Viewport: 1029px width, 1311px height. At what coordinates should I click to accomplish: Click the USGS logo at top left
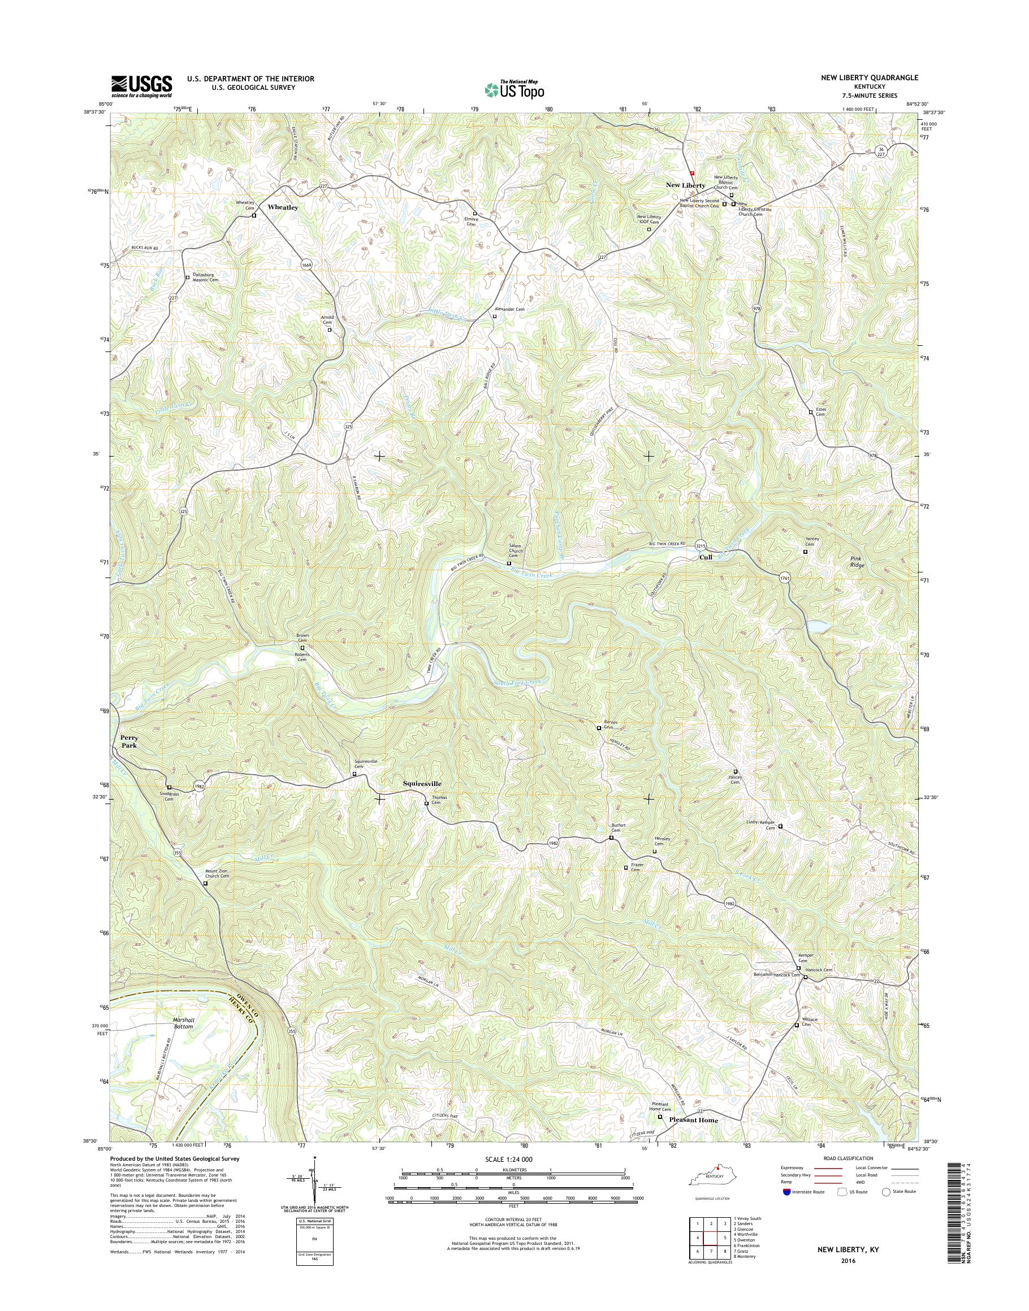(141, 86)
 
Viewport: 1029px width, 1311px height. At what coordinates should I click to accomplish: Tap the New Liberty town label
(685, 185)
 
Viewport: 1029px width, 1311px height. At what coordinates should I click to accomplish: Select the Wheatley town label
(283, 207)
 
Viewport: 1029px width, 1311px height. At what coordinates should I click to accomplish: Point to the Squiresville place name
(422, 784)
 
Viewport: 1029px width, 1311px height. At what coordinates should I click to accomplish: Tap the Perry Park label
(129, 741)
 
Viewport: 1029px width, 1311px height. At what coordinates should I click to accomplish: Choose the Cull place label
(706, 557)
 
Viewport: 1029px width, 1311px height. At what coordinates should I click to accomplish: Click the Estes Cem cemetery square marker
(810, 412)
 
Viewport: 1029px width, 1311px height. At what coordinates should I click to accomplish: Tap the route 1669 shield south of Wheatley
(306, 265)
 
